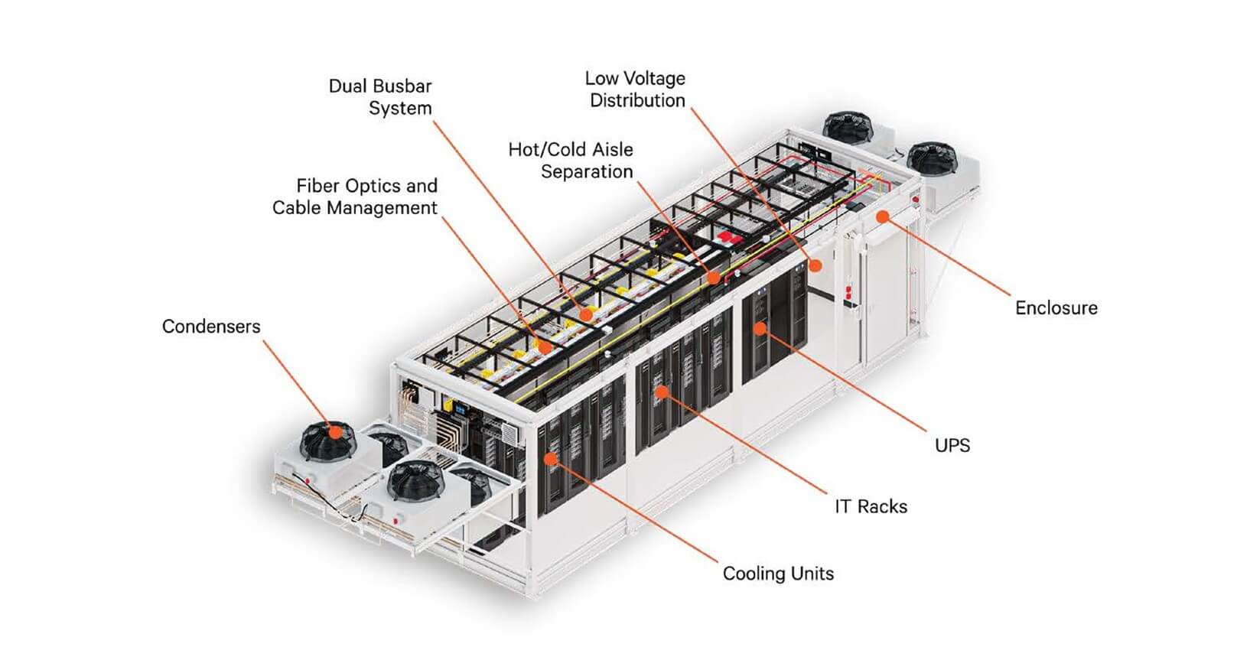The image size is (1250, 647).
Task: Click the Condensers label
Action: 211,327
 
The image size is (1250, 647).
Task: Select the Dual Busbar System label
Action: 381,97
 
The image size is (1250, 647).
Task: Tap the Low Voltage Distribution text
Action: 636,89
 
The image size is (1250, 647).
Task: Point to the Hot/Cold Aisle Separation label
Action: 571,161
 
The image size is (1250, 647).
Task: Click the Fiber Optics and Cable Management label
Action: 356,197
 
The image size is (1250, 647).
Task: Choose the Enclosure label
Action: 1056,308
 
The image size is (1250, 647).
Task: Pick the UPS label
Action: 952,445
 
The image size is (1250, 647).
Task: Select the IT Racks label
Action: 871,506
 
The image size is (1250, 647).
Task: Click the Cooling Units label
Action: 778,574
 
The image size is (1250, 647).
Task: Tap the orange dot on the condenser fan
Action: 334,433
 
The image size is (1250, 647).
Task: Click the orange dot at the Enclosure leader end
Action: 882,217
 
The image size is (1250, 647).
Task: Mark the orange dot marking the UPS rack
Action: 760,329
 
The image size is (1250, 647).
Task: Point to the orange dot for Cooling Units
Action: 551,459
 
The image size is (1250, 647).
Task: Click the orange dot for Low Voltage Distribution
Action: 816,266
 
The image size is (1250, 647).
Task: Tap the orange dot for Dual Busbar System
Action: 586,314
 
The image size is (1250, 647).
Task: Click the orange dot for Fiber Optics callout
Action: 545,346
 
